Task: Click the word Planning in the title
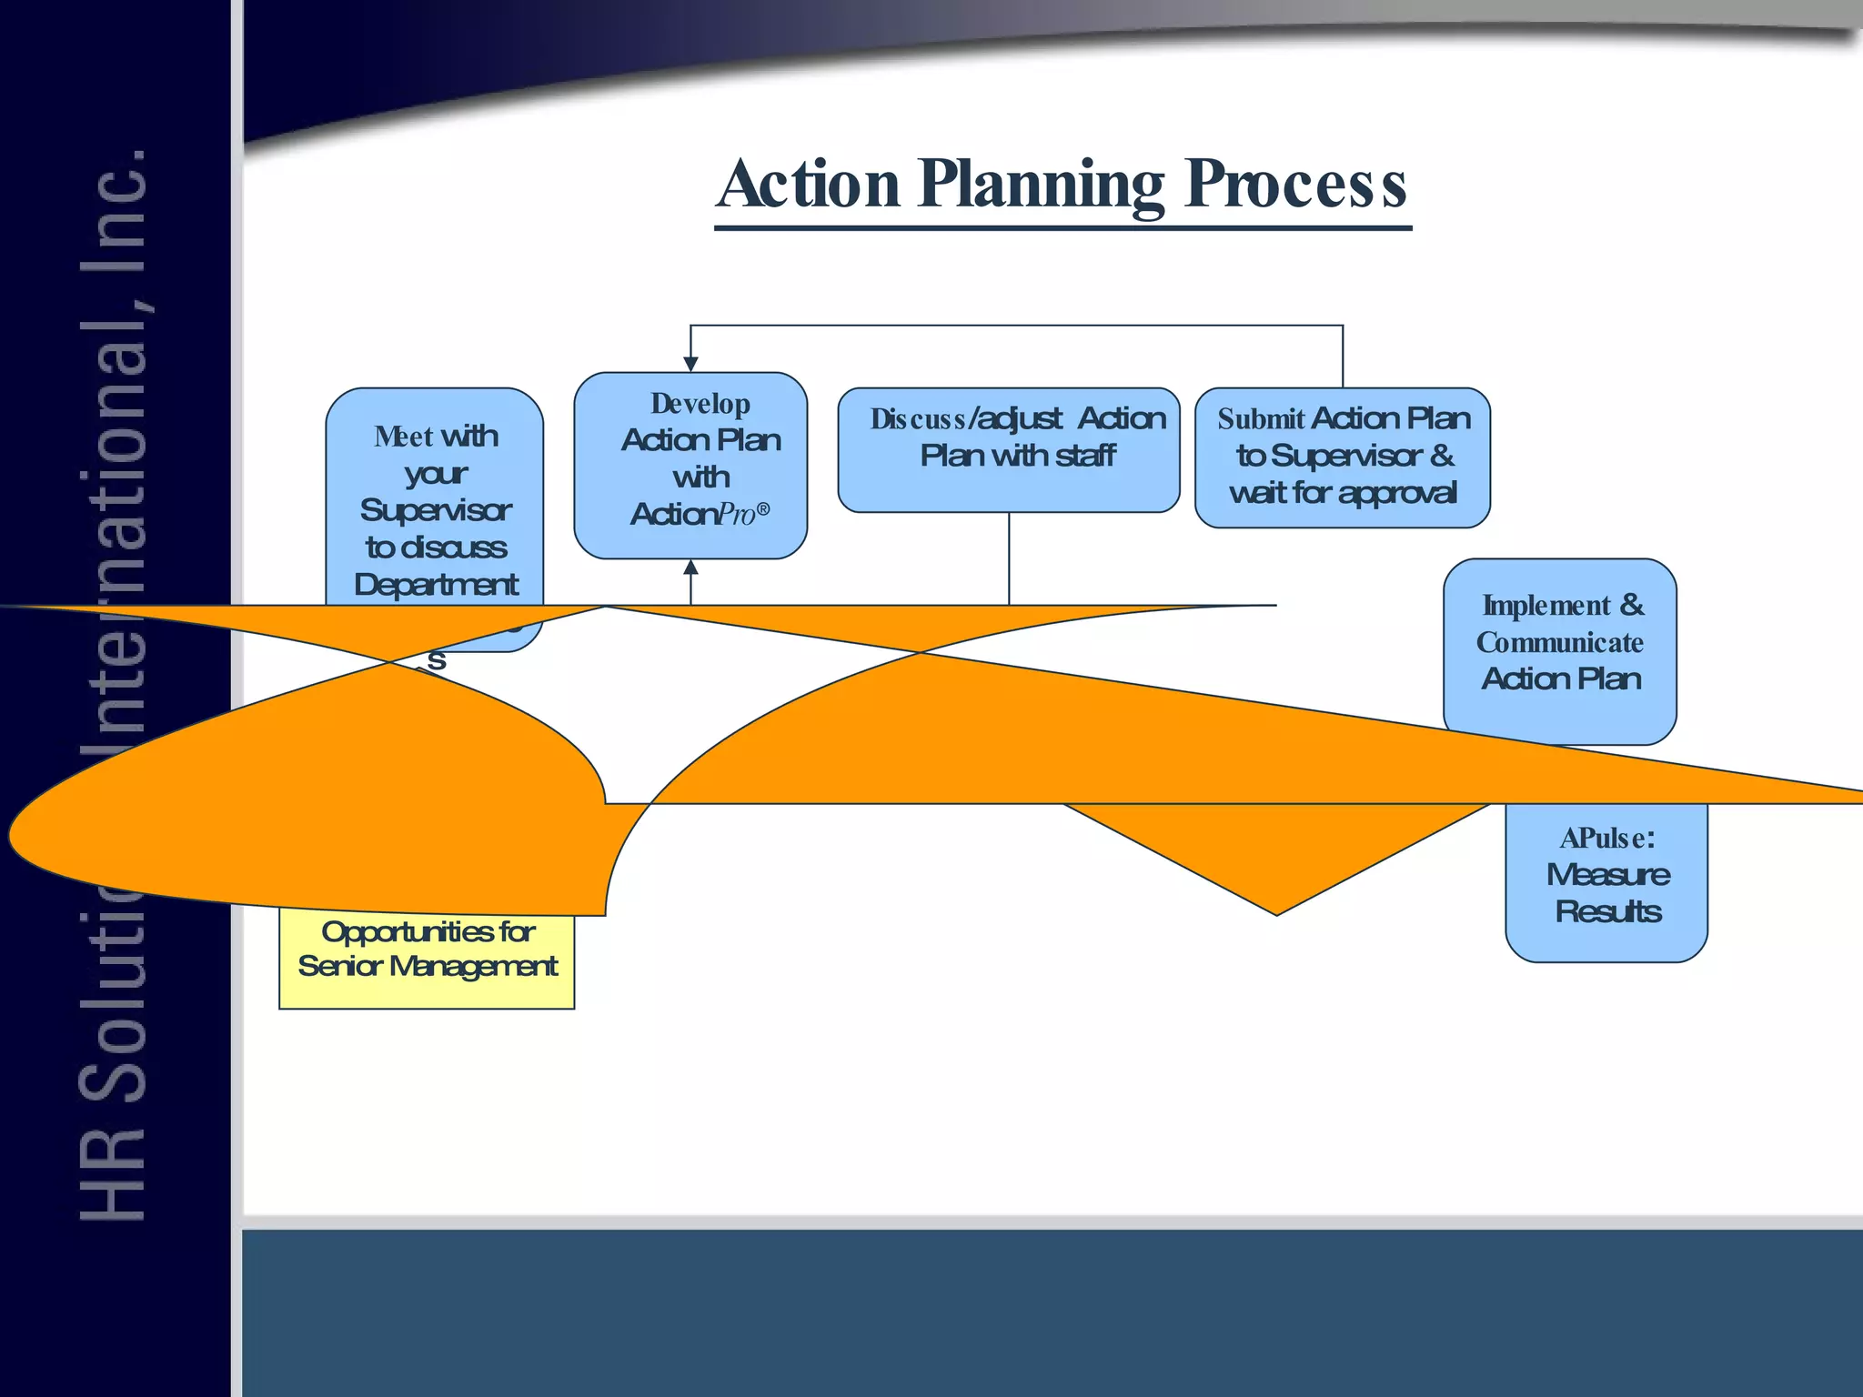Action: pyautogui.click(x=1041, y=185)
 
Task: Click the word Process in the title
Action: pyautogui.click(x=1296, y=185)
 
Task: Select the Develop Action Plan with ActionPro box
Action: pyautogui.click(x=690, y=465)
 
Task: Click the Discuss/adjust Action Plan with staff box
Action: pyautogui.click(x=1009, y=450)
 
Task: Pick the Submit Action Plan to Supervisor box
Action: pyautogui.click(x=1342, y=457)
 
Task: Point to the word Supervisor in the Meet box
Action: pyautogui.click(x=436, y=511)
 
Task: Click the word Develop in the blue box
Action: pyautogui.click(x=700, y=404)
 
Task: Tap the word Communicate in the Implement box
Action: pyautogui.click(x=1559, y=643)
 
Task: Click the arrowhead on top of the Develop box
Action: pyautogui.click(x=690, y=364)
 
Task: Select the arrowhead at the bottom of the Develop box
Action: pyautogui.click(x=690, y=568)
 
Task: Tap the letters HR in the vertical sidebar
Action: pyautogui.click(x=113, y=1174)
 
